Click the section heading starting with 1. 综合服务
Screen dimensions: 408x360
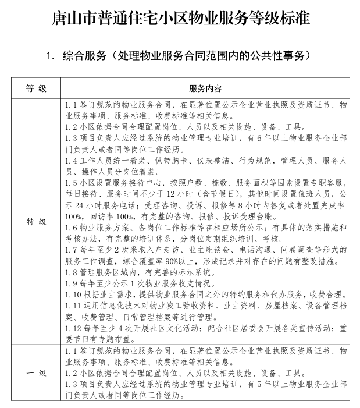click(181, 56)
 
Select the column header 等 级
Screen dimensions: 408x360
click(36, 89)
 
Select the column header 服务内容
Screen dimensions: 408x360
click(205, 89)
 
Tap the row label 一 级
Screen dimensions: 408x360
click(36, 372)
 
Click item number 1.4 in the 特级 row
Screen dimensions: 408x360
click(72, 160)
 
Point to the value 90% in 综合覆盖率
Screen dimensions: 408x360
click(172, 269)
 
